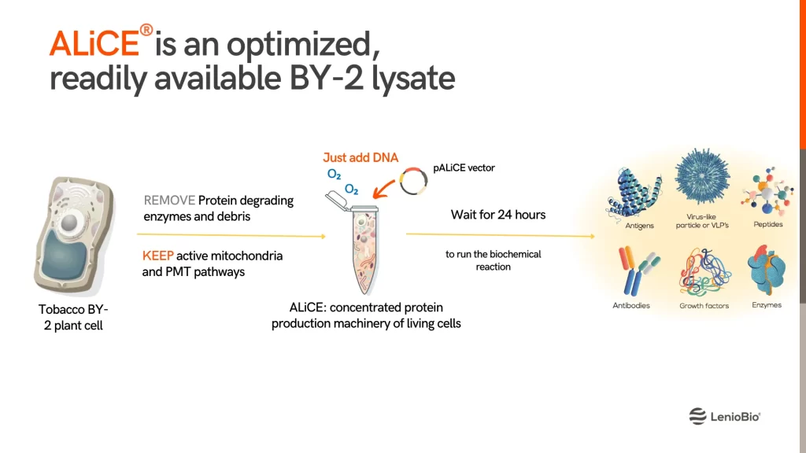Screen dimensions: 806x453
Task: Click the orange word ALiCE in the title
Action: (94, 43)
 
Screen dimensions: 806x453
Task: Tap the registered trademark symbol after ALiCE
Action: (146, 30)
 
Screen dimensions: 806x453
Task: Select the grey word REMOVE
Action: (169, 201)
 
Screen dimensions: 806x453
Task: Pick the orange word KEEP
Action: (157, 256)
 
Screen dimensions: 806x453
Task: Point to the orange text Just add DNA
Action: (360, 157)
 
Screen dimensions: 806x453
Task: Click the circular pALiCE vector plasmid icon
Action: (414, 181)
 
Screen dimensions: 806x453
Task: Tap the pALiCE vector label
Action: (464, 168)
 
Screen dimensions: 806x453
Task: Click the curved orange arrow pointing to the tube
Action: (383, 189)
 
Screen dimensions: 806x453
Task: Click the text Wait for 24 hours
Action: (498, 215)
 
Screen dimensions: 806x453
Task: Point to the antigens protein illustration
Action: (634, 193)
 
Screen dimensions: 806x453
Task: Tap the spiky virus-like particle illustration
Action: (702, 176)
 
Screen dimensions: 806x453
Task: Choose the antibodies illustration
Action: (636, 271)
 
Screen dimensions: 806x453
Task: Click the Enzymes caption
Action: (767, 305)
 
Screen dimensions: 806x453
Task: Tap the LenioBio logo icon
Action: (697, 416)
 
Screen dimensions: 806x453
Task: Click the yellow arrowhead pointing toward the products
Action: (592, 236)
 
